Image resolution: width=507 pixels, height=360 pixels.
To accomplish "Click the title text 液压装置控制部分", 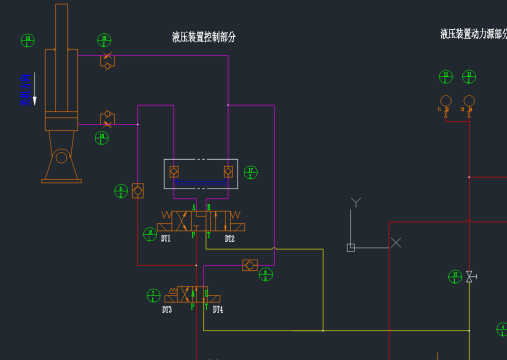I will pos(204,37).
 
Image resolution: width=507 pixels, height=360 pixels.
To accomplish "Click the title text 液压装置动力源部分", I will pos(473,34).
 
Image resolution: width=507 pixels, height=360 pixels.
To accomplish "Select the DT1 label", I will pos(166,239).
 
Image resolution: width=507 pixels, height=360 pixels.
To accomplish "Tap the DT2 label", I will pos(229,239).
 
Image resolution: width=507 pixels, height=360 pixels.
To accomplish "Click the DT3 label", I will pos(167,310).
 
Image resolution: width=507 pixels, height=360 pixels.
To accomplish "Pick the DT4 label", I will pos(217,310).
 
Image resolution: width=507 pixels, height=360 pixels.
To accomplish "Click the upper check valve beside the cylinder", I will pos(107,61).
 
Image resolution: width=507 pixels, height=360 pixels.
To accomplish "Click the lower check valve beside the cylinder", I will pos(107,119).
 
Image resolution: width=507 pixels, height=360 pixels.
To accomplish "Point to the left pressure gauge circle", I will pos(446,101).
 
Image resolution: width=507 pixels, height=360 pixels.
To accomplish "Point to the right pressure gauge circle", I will pos(469,101).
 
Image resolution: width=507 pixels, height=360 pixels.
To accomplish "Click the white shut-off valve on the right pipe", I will pos(469,277).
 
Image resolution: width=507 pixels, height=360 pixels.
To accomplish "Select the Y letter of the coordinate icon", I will pos(355,203).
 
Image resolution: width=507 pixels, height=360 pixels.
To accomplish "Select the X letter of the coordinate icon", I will pos(396,242).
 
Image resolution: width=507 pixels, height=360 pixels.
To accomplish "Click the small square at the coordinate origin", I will pos(351,247).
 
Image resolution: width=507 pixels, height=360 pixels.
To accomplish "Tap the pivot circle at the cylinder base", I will pos(62,157).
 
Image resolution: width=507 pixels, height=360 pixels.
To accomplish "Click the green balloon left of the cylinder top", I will pos(28,41).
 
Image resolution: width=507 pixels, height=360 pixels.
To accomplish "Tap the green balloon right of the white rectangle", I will pos(250,172).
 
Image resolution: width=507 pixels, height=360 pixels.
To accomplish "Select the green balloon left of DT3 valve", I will pos(153,295).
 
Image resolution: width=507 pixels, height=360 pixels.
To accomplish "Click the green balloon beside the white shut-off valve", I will pos(454,276).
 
